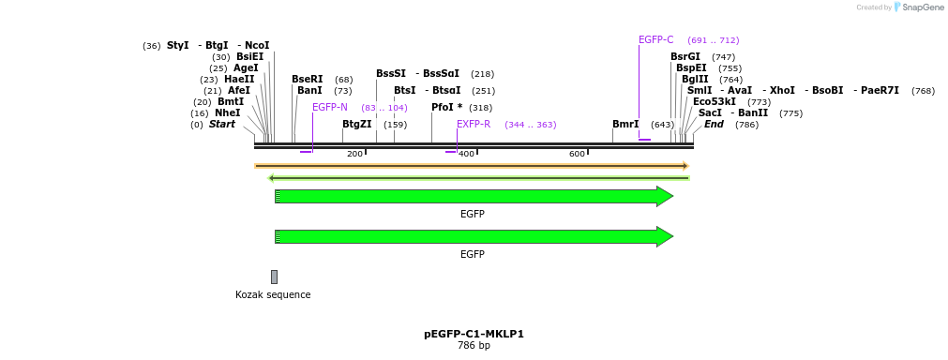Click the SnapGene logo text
point(923,7)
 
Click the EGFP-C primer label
point(655,40)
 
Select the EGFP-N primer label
point(330,108)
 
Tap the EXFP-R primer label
point(474,125)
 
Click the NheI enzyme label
point(228,113)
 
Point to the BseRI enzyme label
point(307,80)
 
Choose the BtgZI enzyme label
point(356,125)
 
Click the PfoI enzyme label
point(446,108)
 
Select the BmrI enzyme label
point(625,125)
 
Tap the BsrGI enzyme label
point(685,57)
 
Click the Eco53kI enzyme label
point(715,102)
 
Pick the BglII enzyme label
point(695,80)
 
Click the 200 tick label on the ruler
point(354,154)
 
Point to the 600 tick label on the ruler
point(577,154)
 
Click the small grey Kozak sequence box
point(274,277)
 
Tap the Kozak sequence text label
point(273,295)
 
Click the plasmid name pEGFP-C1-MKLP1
point(474,334)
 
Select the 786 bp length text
point(474,346)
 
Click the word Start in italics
point(222,125)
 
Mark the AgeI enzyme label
point(246,68)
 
